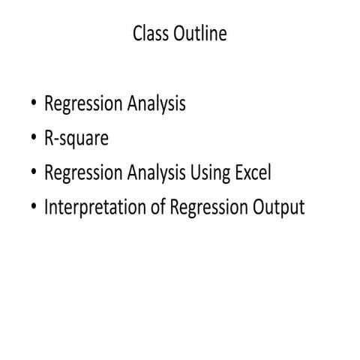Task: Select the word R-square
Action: (x=76, y=139)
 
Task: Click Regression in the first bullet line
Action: (x=80, y=105)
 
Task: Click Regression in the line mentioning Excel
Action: (x=80, y=173)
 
